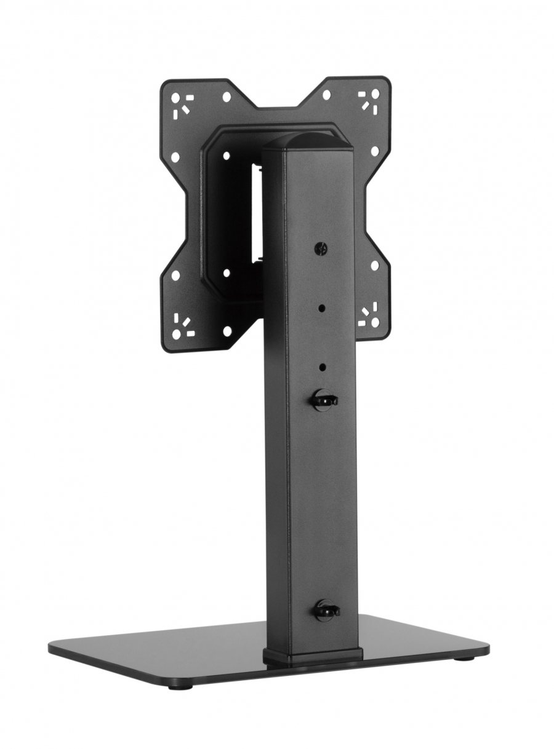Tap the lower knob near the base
[x=326, y=611]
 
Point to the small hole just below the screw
[x=321, y=307]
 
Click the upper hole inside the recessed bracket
[x=227, y=156]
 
